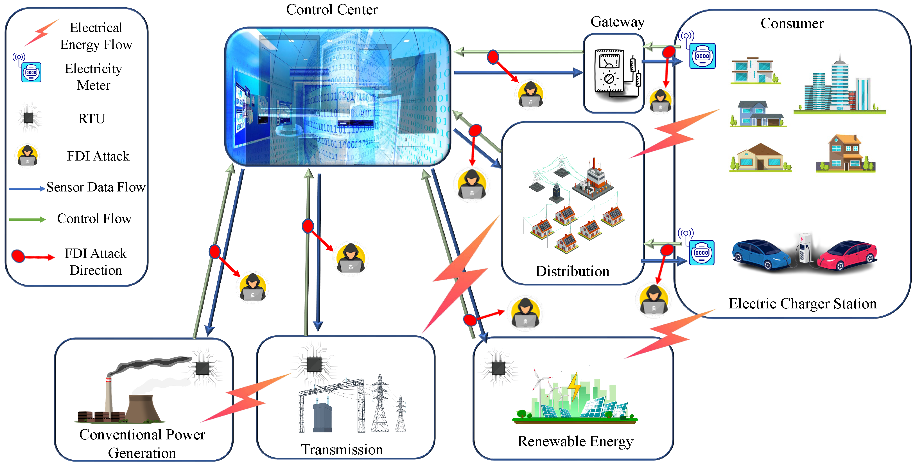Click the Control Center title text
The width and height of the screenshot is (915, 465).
[331, 10]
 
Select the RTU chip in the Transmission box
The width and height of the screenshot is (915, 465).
[314, 364]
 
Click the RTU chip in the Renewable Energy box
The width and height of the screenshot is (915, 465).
[498, 368]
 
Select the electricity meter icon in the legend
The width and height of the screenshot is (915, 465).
[31, 72]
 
